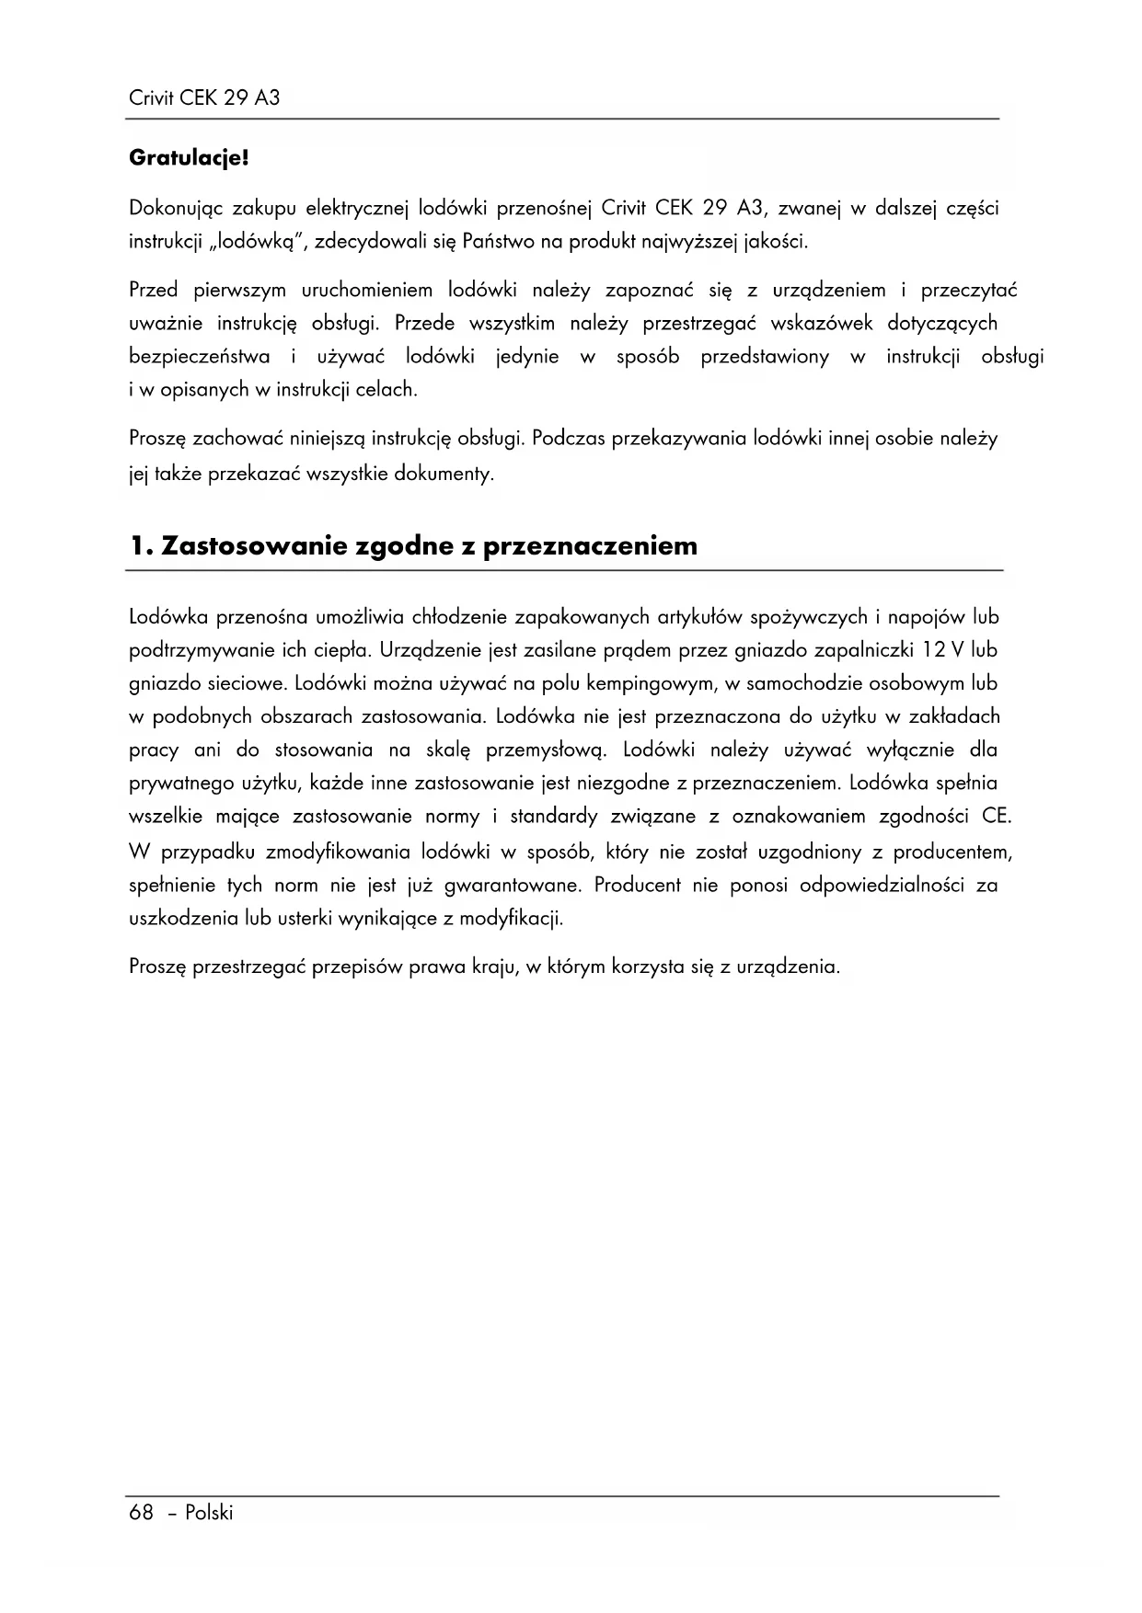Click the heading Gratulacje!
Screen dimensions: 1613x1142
coord(189,158)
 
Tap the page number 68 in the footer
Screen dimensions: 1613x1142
coord(141,1513)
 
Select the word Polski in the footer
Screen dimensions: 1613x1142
coord(209,1513)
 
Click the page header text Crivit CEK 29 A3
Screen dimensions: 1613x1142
coord(204,97)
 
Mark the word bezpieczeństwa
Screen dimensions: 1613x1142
coord(200,357)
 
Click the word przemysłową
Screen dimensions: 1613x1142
coord(546,749)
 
